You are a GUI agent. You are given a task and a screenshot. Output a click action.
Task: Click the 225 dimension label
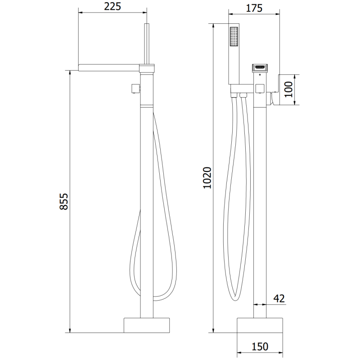tap(113, 7)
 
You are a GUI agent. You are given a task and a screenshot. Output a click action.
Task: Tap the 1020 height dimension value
tap(207, 178)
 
